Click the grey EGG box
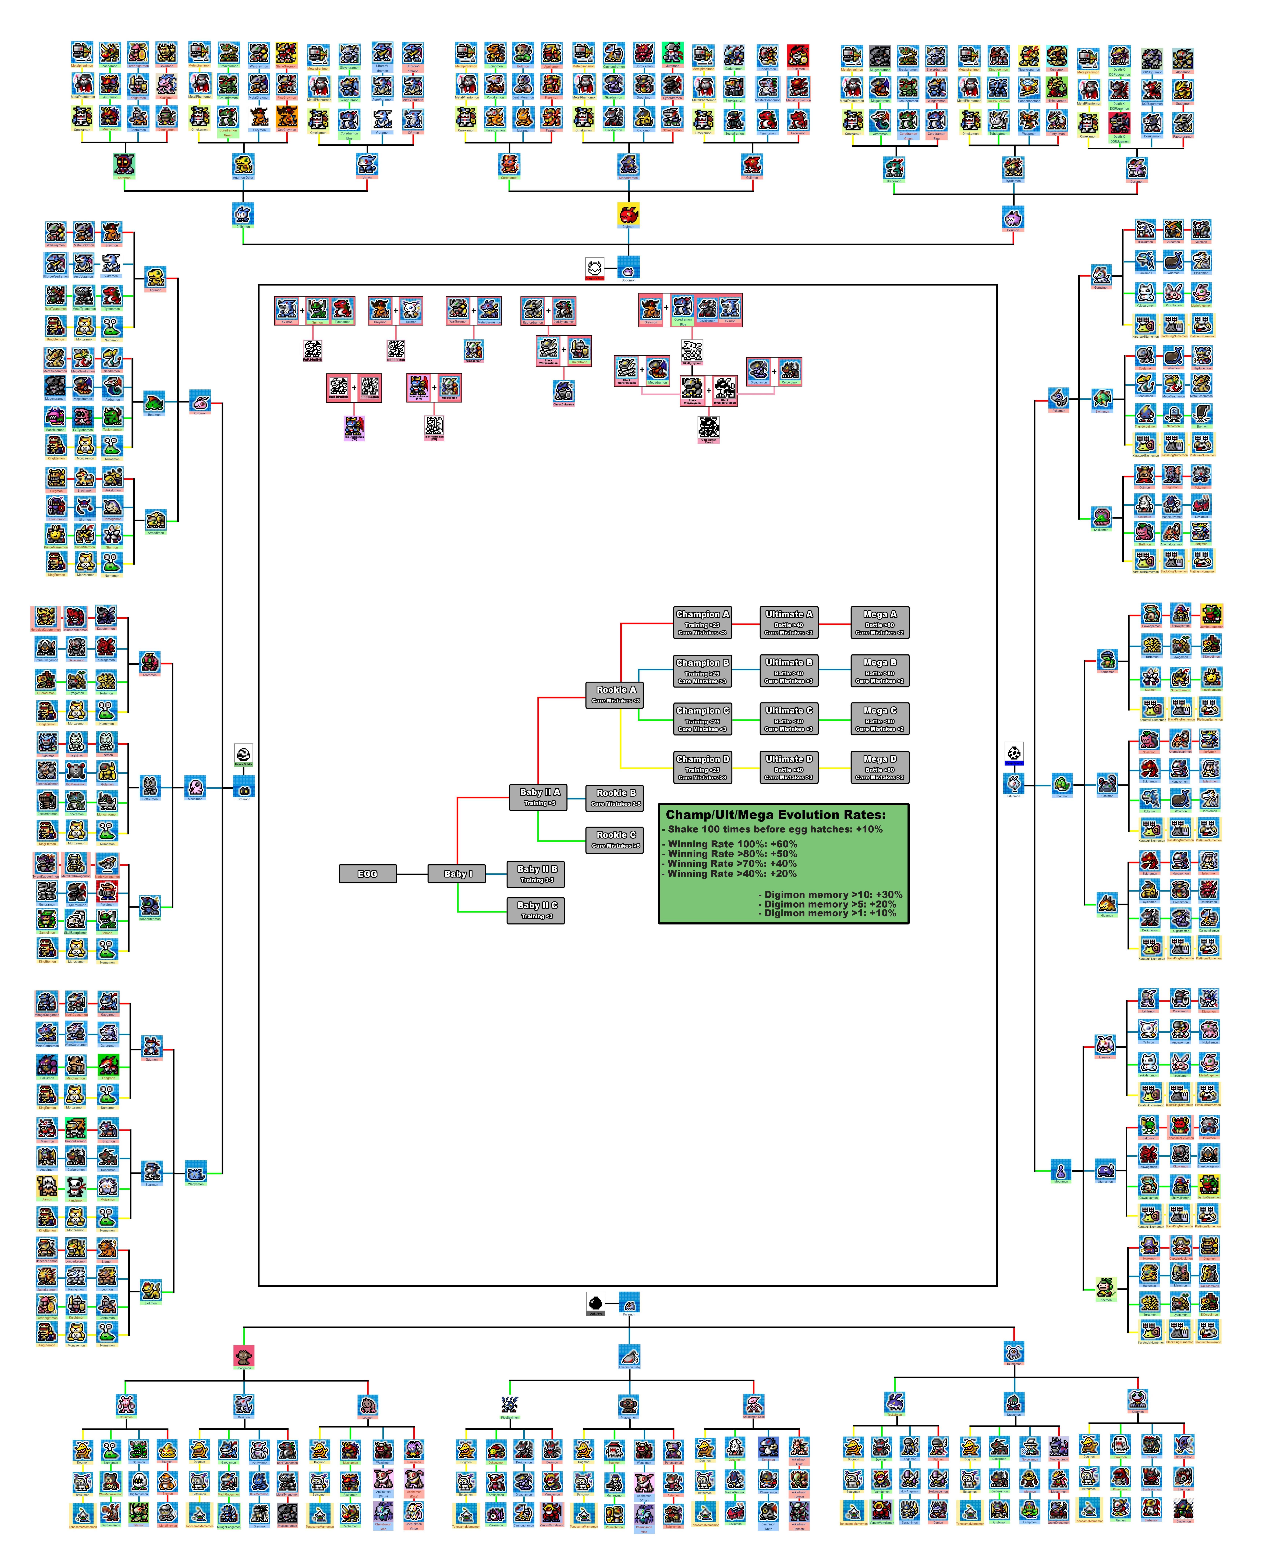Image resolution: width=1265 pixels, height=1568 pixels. tap(367, 874)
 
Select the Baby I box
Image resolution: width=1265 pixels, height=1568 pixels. tap(458, 874)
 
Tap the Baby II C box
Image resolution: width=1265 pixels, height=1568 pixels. tap(536, 909)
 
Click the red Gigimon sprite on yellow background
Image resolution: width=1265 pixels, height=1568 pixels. tap(628, 214)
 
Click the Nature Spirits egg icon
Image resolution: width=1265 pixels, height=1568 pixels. tap(243, 754)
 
